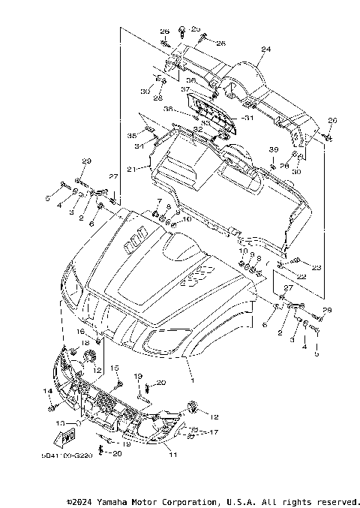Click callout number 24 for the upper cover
coord(265,50)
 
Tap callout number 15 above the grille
coord(115,368)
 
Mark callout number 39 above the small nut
coord(274,149)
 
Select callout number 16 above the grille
coord(80,331)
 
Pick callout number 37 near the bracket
coord(184,89)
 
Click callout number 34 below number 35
coord(139,146)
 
